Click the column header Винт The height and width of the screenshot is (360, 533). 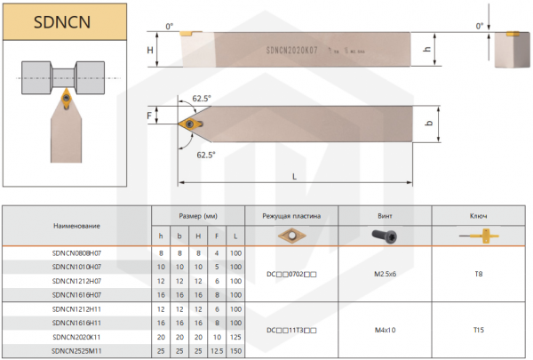[x=385, y=216]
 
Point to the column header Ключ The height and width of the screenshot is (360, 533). [x=478, y=216]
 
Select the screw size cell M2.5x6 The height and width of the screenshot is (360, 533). [x=385, y=274]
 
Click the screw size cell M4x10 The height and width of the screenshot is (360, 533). [x=385, y=331]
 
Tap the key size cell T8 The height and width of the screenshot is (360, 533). [x=478, y=274]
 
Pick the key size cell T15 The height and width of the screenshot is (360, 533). [x=478, y=331]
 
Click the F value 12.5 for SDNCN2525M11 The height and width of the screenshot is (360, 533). [x=217, y=351]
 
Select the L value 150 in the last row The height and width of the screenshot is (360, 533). [x=235, y=351]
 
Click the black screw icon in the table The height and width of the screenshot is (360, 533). [x=385, y=235]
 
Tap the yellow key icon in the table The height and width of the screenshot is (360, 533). [x=478, y=236]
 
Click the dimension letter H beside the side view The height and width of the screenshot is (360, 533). [x=150, y=51]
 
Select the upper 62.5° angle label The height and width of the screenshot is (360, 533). [x=201, y=99]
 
